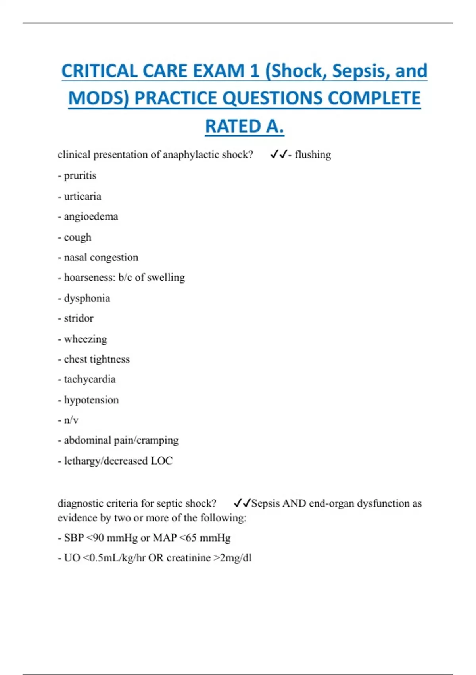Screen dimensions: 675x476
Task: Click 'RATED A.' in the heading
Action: tap(244, 126)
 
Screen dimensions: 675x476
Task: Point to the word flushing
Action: tap(313, 154)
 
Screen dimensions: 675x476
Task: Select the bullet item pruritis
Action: tap(80, 175)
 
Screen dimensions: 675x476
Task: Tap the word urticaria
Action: tap(83, 196)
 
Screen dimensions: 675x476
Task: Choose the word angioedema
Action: tap(91, 216)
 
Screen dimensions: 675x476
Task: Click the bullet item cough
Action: tap(77, 237)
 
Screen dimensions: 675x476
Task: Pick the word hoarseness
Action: tap(89, 277)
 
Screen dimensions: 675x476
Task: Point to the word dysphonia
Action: tap(87, 298)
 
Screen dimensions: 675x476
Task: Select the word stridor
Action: tap(79, 318)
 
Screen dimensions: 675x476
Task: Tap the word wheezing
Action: tap(85, 339)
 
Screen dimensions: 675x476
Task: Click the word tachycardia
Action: tap(90, 379)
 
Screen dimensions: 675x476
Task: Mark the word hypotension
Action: tap(91, 400)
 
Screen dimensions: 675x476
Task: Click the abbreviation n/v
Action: tap(71, 420)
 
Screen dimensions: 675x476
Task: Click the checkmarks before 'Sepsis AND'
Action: tap(242, 503)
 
